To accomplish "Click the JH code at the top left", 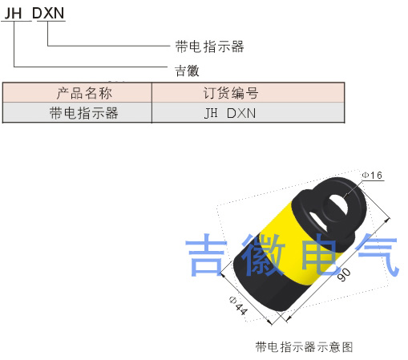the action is click(13, 14).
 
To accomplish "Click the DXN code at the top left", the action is click(48, 13).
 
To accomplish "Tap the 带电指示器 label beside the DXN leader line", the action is click(209, 47).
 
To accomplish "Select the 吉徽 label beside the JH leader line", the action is click(187, 71).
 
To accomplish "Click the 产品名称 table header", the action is click(84, 93).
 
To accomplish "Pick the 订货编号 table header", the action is click(231, 93).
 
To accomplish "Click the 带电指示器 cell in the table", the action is click(84, 113).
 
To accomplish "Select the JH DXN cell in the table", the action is click(230, 113).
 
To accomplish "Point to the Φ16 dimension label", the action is click(372, 175).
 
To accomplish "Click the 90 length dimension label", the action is click(344, 274).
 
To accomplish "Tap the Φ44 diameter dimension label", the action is click(239, 305).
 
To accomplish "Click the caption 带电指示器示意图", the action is click(304, 346).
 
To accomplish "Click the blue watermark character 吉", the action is click(206, 255).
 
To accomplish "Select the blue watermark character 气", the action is click(378, 255).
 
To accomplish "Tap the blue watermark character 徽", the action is click(264, 255).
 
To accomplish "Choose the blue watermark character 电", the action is click(320, 254).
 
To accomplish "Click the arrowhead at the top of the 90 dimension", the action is click(387, 220).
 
